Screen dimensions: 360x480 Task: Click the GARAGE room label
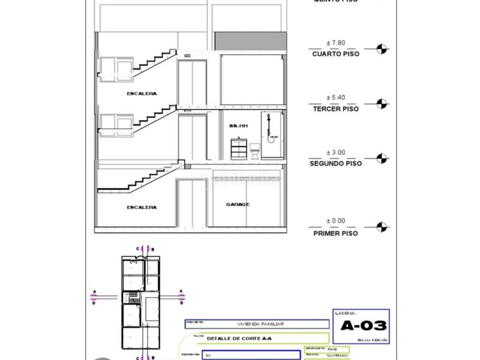click(x=238, y=205)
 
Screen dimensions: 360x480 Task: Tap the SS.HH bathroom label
click(x=238, y=126)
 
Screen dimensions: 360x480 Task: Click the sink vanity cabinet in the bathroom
click(x=239, y=148)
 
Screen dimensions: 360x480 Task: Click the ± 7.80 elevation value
click(x=336, y=43)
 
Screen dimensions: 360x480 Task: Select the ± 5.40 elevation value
click(x=336, y=97)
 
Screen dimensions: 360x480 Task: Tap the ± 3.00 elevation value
click(x=336, y=152)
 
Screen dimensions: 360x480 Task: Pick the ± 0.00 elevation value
click(x=336, y=221)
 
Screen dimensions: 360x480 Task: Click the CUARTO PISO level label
click(x=336, y=54)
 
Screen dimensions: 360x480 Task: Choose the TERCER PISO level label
click(x=336, y=109)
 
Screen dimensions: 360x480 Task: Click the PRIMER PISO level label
click(x=336, y=233)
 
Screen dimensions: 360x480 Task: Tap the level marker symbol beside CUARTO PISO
click(x=380, y=49)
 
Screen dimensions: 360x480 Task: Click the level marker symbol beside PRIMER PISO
click(x=380, y=227)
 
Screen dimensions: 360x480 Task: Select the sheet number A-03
click(x=364, y=326)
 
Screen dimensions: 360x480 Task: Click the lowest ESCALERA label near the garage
click(x=142, y=208)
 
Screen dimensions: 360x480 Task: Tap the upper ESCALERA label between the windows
click(x=142, y=94)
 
